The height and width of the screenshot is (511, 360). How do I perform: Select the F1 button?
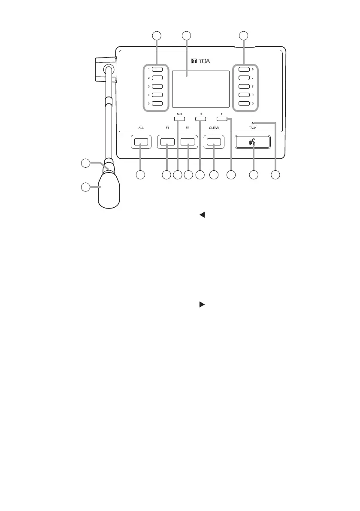167,142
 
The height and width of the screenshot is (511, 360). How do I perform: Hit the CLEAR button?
214,142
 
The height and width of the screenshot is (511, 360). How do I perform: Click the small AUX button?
179,118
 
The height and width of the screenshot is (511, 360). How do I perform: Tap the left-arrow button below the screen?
200,118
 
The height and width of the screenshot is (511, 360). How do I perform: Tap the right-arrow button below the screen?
222,118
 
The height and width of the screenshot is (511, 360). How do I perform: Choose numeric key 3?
157,87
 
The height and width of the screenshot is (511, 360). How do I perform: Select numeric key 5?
157,104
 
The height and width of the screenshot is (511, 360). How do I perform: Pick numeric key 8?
245,87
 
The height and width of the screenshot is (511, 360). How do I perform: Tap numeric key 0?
245,104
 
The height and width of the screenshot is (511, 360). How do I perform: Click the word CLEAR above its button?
214,128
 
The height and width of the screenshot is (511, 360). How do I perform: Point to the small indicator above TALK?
253,123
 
